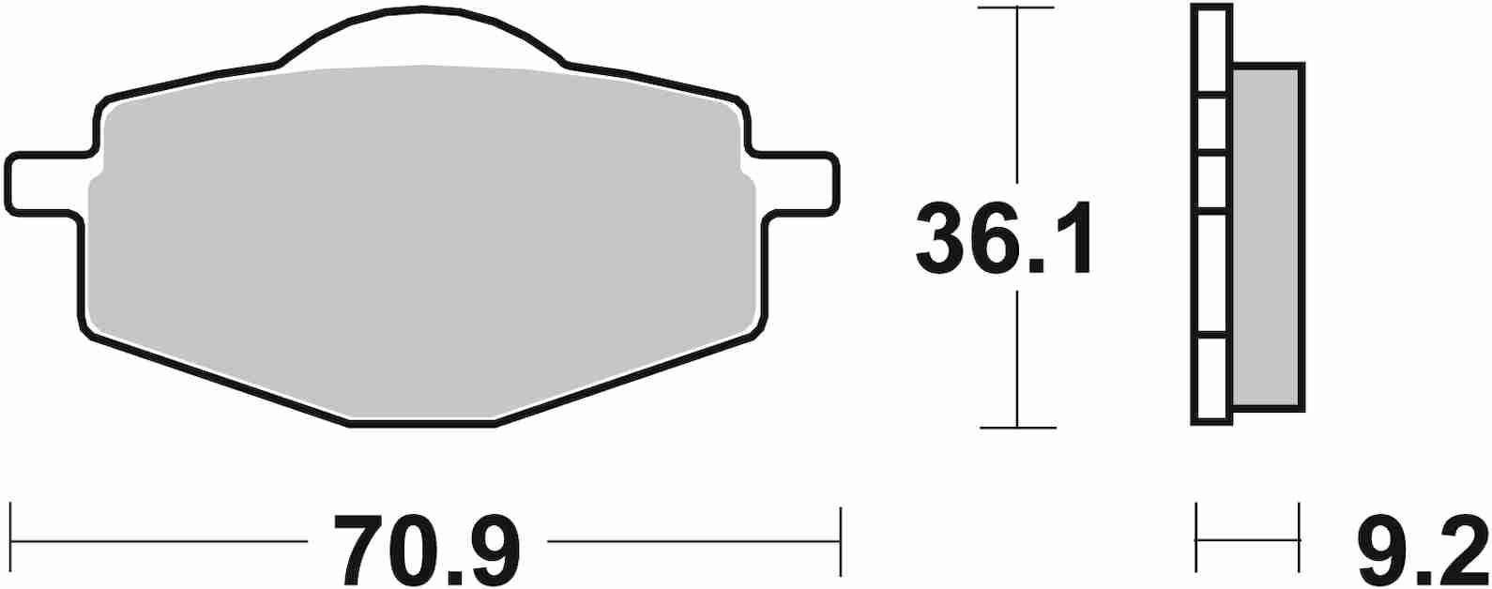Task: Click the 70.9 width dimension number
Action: coord(427,549)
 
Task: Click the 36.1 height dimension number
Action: coord(1004,238)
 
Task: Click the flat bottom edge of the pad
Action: coord(422,425)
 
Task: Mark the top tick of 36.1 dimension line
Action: coord(1017,8)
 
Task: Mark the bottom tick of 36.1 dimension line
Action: coord(1017,428)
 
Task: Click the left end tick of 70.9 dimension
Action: coord(10,541)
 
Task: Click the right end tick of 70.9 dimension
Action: coord(840,541)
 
